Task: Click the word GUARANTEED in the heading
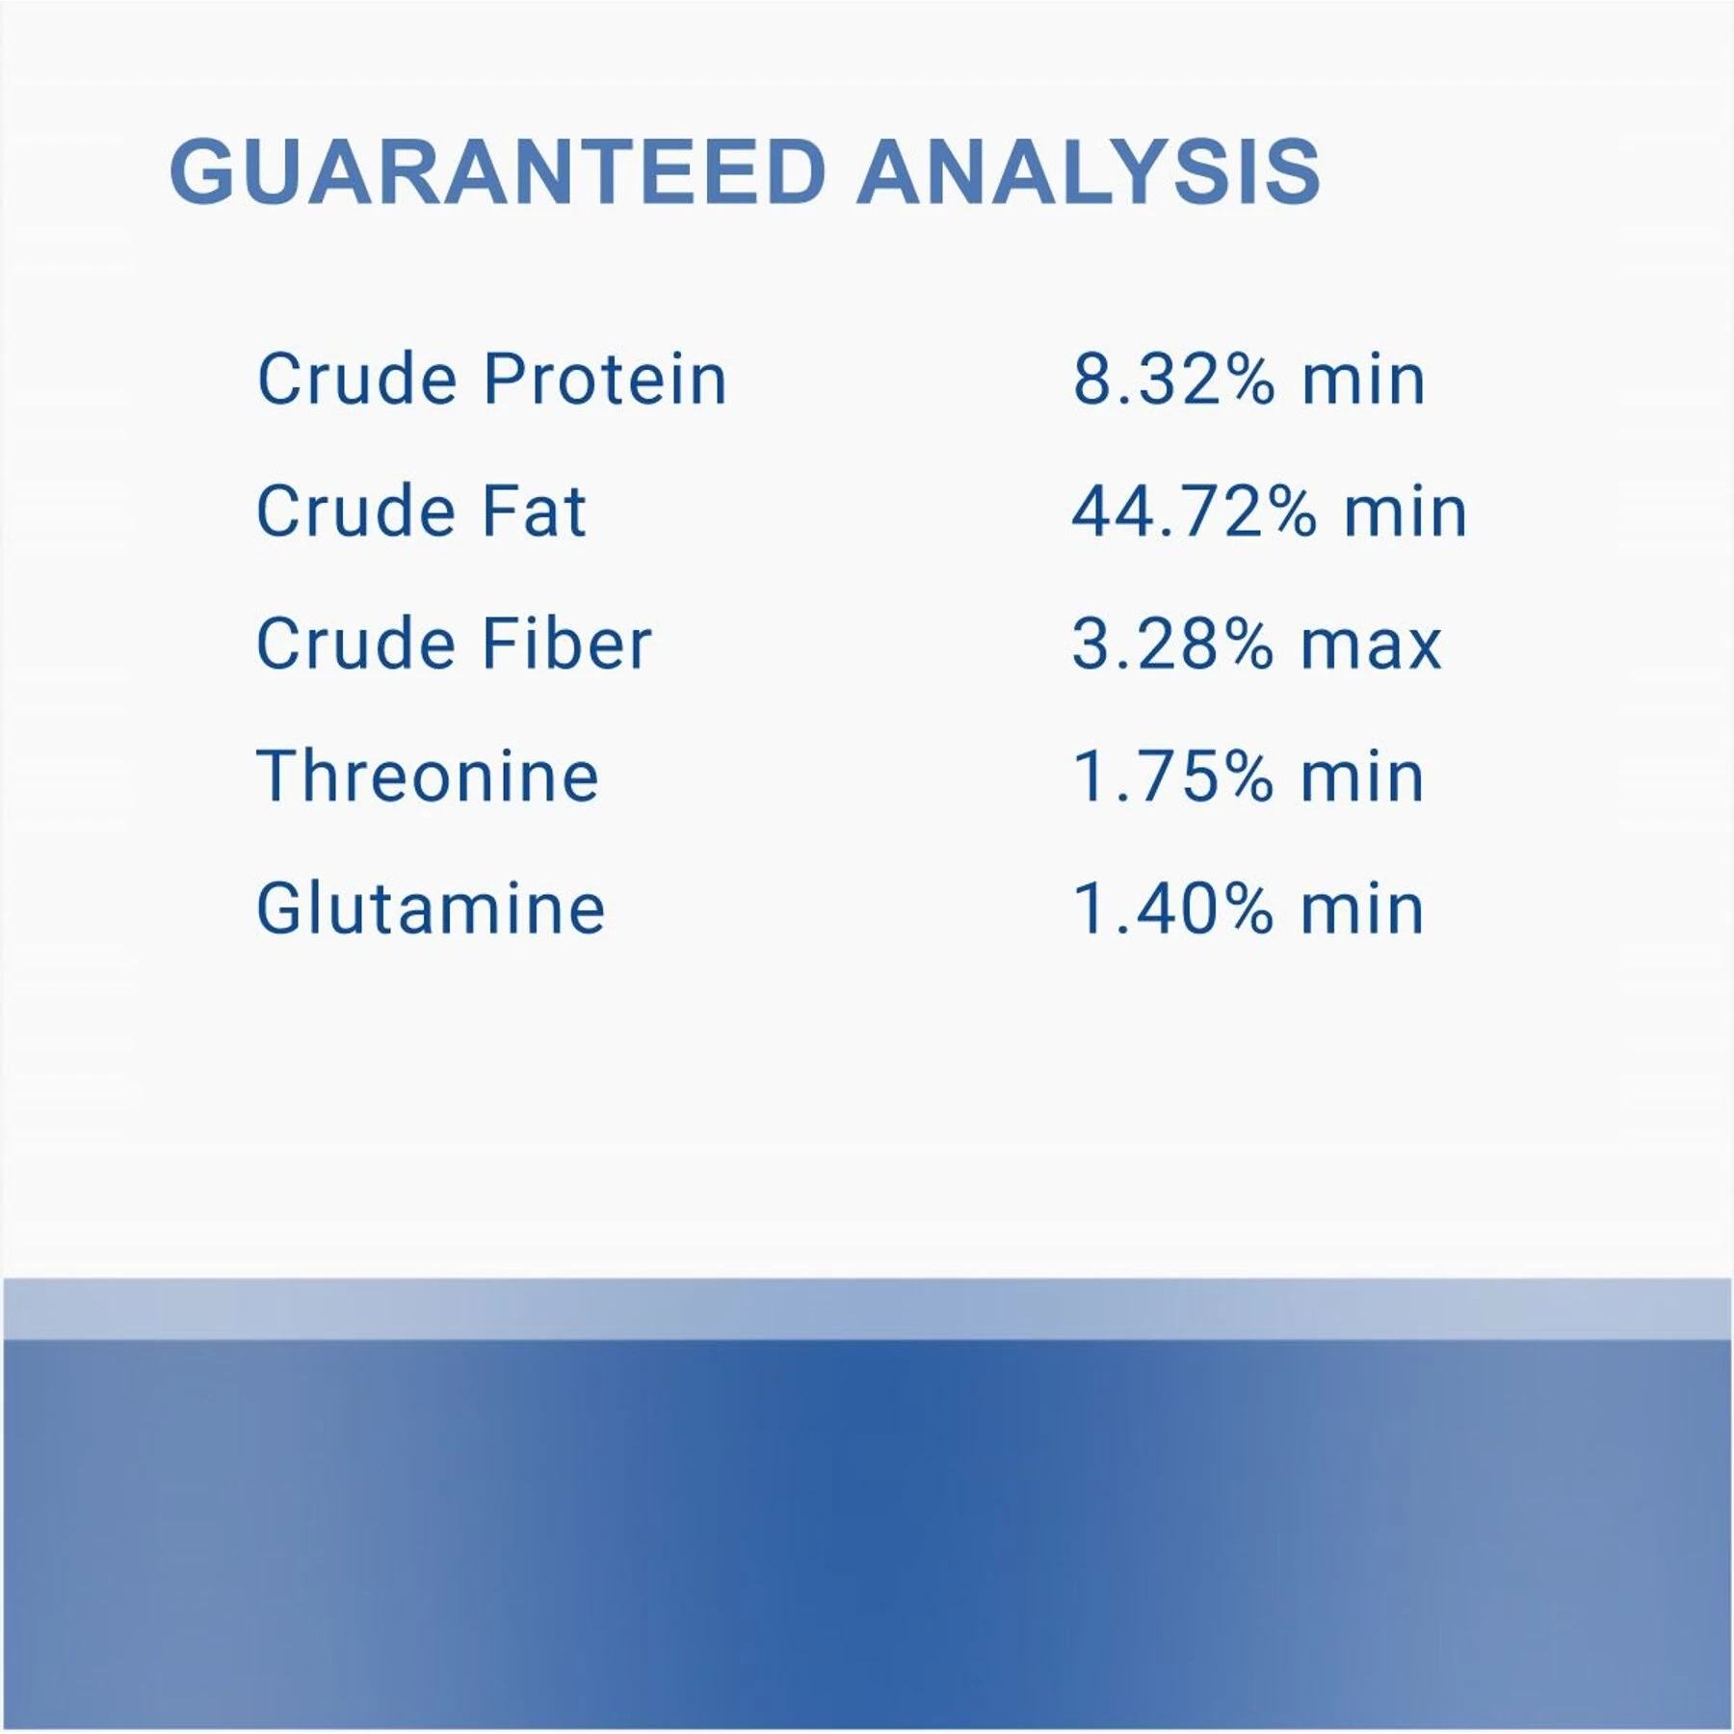pyautogui.click(x=498, y=171)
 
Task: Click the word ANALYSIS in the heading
pyautogui.click(x=1089, y=171)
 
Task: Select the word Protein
pyautogui.click(x=605, y=379)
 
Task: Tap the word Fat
pyautogui.click(x=535, y=511)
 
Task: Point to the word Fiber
pyautogui.click(x=567, y=643)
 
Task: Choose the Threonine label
pyautogui.click(x=428, y=775)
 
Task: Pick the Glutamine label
pyautogui.click(x=431, y=907)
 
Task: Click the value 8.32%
pyautogui.click(x=1173, y=379)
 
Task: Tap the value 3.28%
pyautogui.click(x=1173, y=644)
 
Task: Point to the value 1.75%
pyautogui.click(x=1173, y=775)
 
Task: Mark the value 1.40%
pyautogui.click(x=1173, y=908)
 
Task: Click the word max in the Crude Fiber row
pyautogui.click(x=1372, y=647)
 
